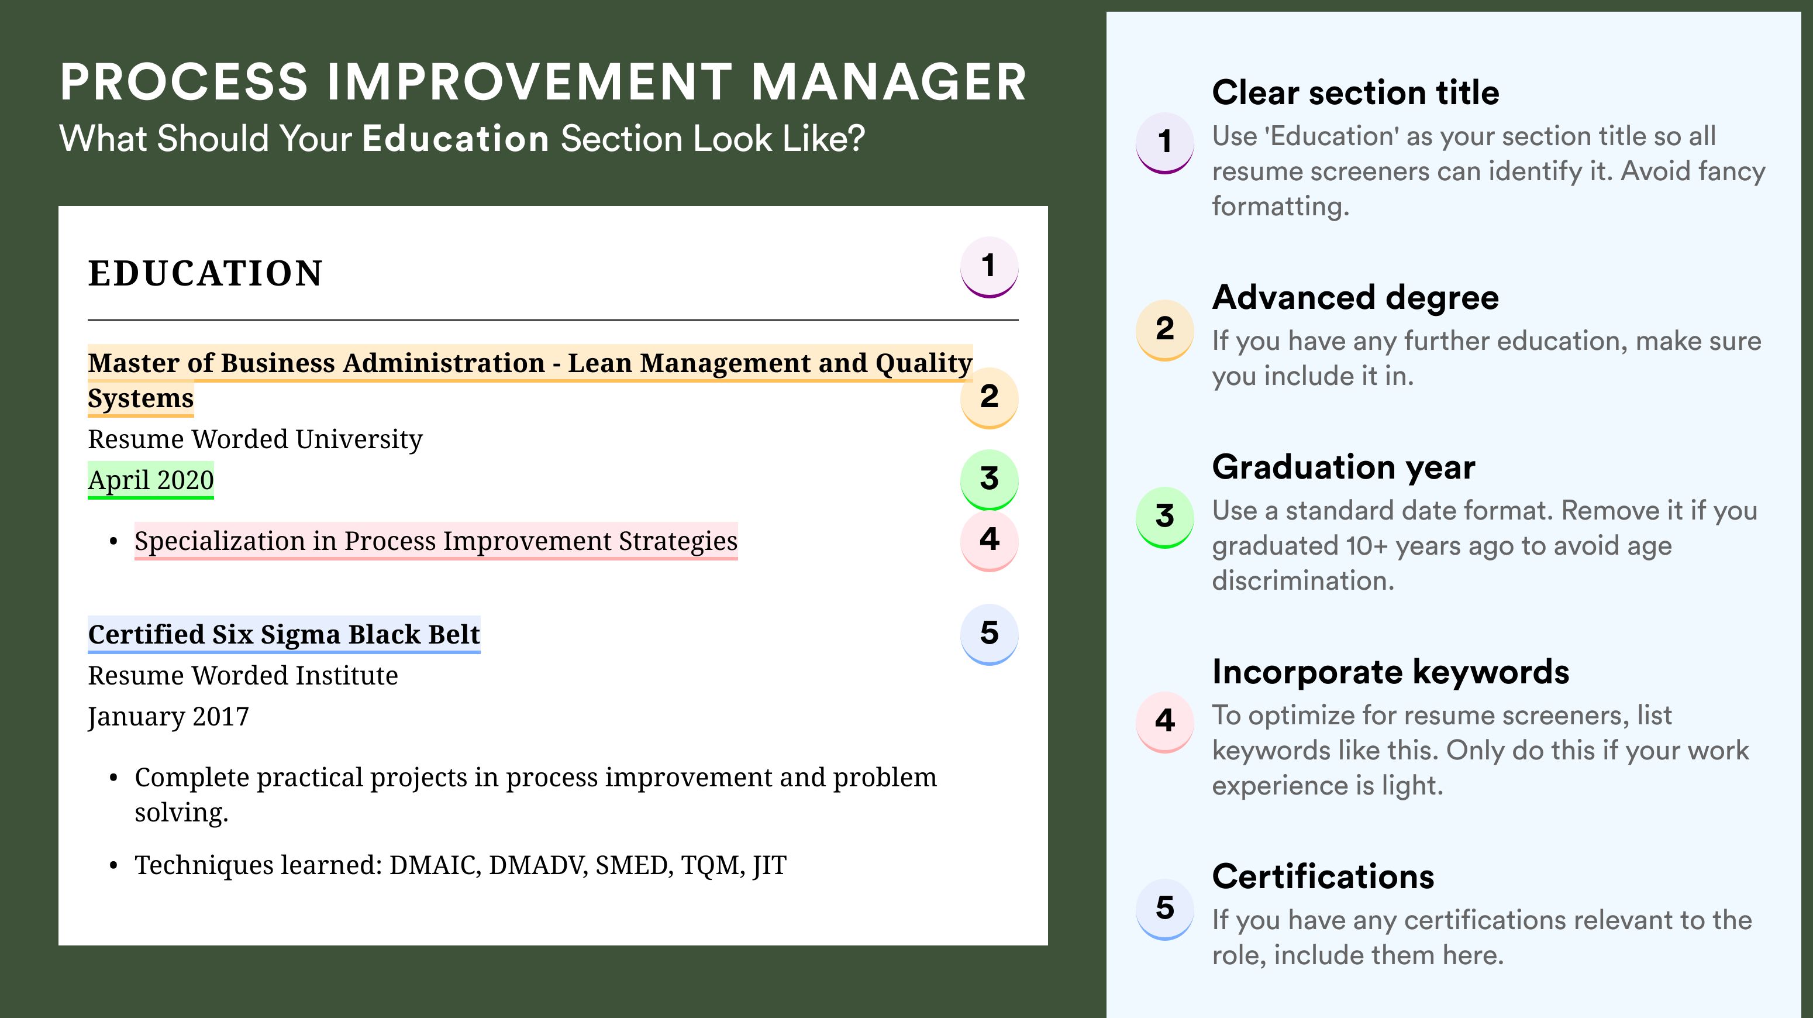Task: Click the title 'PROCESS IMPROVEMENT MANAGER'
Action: click(x=543, y=82)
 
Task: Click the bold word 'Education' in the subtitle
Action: click(x=456, y=139)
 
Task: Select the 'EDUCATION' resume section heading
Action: click(x=205, y=273)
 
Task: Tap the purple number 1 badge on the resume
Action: click(x=989, y=267)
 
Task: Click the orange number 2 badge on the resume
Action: click(x=989, y=397)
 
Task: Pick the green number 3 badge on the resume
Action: click(x=989, y=479)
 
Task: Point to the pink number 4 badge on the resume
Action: click(x=989, y=541)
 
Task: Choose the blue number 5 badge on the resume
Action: click(x=989, y=634)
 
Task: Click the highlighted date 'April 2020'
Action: click(x=151, y=480)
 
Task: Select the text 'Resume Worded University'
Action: click(x=255, y=439)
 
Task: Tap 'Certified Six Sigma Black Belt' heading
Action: click(x=284, y=634)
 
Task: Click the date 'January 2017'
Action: click(x=168, y=717)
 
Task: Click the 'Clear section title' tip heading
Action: click(x=1356, y=92)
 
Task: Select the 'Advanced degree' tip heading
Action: click(x=1356, y=297)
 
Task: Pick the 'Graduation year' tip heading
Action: click(x=1343, y=467)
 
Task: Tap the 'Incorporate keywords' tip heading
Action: click(x=1391, y=672)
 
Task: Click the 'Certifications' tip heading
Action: click(x=1323, y=876)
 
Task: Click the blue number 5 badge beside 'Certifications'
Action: click(x=1165, y=908)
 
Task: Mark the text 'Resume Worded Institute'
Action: click(x=243, y=676)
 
